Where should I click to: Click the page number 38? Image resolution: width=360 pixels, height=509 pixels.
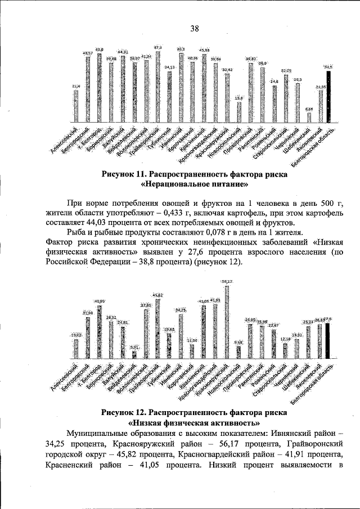tap(194, 29)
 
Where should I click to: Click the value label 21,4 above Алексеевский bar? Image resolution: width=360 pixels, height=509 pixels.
tap(76, 86)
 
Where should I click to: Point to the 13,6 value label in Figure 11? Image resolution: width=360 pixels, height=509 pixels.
tap(238, 98)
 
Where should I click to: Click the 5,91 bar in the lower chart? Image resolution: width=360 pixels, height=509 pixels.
tap(134, 354)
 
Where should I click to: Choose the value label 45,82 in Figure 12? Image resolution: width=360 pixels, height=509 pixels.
tap(157, 295)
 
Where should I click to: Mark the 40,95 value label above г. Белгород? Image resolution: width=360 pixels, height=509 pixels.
tap(99, 301)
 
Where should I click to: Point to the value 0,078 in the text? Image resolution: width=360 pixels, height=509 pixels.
tap(212, 232)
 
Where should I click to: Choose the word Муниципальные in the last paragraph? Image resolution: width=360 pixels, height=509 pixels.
tap(100, 434)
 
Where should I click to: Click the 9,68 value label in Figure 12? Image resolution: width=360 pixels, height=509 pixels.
tap(238, 342)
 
